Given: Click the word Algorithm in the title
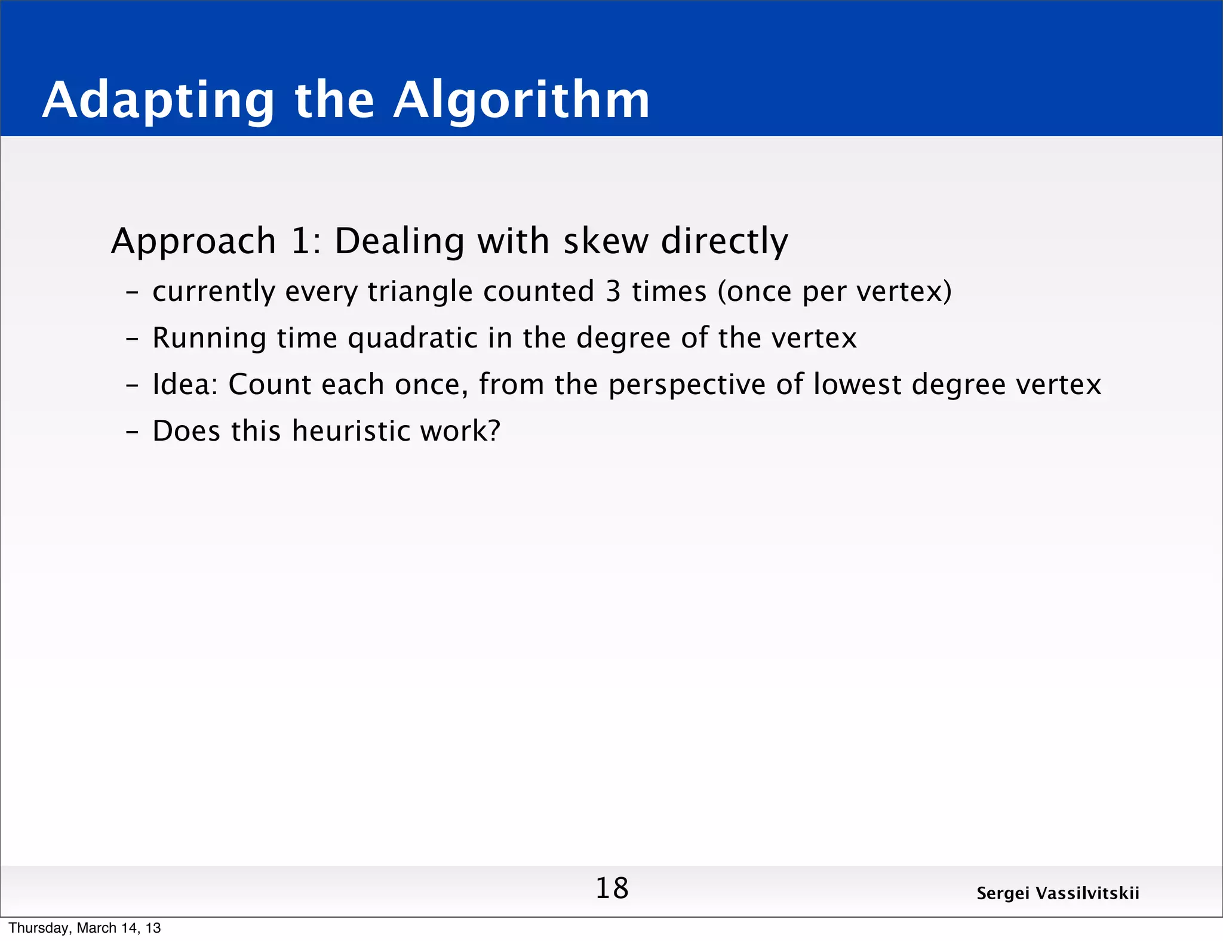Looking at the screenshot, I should pos(521,100).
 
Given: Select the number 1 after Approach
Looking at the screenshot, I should pos(303,241).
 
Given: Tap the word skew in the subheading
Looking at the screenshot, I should pos(606,241).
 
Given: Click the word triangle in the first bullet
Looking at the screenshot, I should pos(420,292).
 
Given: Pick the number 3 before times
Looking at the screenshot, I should pos(613,291).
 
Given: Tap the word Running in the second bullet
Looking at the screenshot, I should pos(209,339).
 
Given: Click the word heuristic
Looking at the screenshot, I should pos(351,430).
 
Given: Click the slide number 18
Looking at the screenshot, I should pos(612,888).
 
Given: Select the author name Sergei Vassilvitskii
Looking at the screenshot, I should pos(1058,893).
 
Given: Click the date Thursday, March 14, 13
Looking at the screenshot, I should pos(85,928).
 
